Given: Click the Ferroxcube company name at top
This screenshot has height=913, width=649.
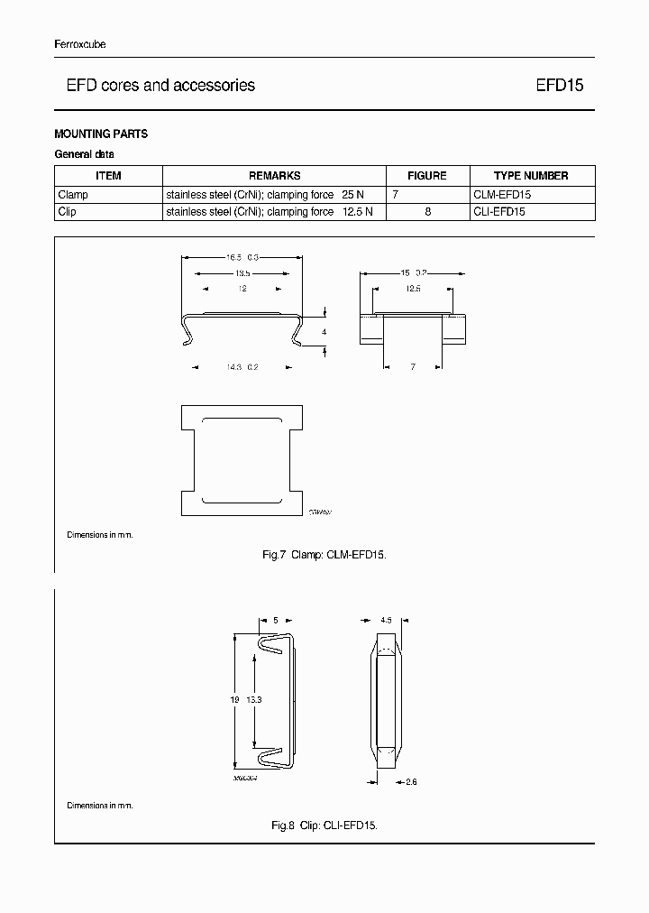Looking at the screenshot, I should click(x=79, y=45).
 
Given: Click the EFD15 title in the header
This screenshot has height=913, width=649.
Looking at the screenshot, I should click(x=560, y=86).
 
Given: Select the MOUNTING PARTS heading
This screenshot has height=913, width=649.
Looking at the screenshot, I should click(x=101, y=134).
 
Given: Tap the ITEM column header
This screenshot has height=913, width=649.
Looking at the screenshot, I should click(x=108, y=176).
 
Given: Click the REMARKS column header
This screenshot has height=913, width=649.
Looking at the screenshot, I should click(x=274, y=176).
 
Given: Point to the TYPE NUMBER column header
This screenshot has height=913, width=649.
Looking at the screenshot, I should click(x=531, y=176).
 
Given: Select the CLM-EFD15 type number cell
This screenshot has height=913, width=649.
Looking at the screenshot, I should click(x=502, y=194).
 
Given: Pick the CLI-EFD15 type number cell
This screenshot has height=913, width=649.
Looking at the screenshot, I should click(x=499, y=211).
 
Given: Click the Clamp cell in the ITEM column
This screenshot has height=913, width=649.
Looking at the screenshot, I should click(x=73, y=194).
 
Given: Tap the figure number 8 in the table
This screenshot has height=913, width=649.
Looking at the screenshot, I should click(x=427, y=211).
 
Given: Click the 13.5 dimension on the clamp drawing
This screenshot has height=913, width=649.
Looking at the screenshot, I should click(x=242, y=272).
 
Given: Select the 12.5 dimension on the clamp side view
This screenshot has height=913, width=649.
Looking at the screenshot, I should click(x=413, y=289).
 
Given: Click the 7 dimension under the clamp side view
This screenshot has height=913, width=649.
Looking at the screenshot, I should click(x=412, y=367).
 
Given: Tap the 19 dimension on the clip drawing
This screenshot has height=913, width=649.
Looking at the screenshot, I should click(x=233, y=699).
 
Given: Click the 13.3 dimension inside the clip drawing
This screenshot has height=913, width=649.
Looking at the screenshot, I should click(x=255, y=699).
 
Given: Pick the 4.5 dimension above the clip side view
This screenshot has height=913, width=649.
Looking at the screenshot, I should click(x=386, y=621).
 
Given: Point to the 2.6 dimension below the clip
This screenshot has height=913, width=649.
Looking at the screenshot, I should click(x=410, y=782).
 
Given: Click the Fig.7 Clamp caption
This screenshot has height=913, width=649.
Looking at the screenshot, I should click(x=324, y=555).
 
